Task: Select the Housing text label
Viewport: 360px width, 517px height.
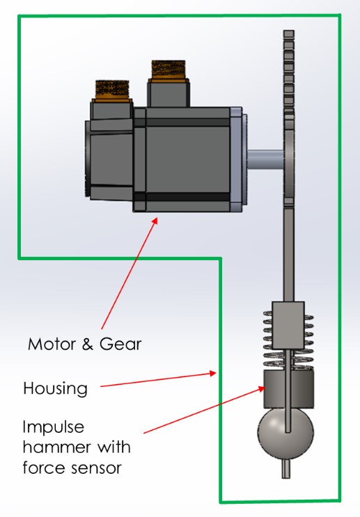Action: click(x=56, y=388)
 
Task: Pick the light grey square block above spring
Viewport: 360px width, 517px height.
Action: click(x=288, y=324)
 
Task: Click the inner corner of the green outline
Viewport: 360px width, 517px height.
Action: click(x=221, y=259)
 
